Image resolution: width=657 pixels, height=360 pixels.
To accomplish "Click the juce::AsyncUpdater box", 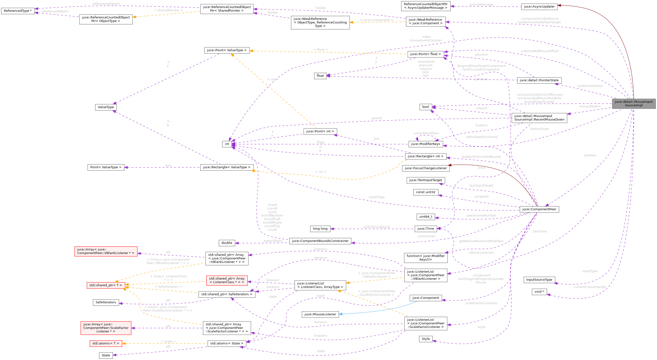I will coord(539,7).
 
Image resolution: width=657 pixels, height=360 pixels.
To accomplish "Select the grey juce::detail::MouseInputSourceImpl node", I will coord(633,103).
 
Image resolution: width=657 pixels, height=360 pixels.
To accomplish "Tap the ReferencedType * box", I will coord(18,11).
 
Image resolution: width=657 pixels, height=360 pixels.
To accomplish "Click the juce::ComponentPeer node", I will coord(539,209).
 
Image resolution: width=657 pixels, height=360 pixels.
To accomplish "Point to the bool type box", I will coord(425,107).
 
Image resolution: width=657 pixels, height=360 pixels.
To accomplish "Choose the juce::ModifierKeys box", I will coord(425,144).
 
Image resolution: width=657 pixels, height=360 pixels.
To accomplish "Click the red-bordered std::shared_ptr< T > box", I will coord(106,285).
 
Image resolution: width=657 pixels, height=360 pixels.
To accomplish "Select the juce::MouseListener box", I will coord(320,314).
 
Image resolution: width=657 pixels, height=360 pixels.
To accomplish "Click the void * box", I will coord(539,292).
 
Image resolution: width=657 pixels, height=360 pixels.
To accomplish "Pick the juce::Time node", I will coord(425,229).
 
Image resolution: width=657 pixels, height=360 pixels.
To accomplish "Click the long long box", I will coord(320,229).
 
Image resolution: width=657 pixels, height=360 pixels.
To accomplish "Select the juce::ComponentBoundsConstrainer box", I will coord(320,241).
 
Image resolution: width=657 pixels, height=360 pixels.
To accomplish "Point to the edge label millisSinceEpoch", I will coord(376,227).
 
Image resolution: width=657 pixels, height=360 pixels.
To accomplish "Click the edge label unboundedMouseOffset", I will coord(539,51).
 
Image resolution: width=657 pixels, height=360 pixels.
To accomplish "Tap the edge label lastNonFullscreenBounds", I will coord(481,157).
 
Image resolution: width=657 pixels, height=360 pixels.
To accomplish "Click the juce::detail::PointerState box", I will coord(539,80).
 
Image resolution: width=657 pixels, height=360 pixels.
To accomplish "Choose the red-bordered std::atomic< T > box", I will coord(106,344).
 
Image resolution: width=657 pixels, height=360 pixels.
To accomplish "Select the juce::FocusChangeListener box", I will coord(425,168).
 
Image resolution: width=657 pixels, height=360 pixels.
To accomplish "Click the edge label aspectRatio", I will coord(272,241).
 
